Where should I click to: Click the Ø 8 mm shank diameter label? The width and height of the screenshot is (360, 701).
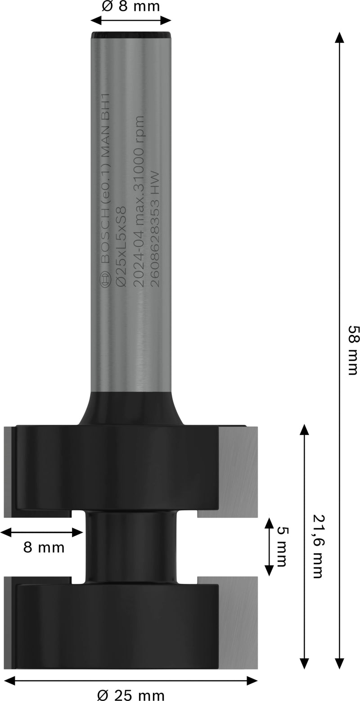click(130, 6)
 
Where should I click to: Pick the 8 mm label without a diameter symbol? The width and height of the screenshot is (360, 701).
click(44, 548)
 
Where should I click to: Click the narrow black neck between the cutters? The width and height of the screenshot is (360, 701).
click(131, 547)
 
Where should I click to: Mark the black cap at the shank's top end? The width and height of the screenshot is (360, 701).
click(131, 35)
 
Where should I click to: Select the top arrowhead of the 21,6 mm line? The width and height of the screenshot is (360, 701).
click(305, 430)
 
